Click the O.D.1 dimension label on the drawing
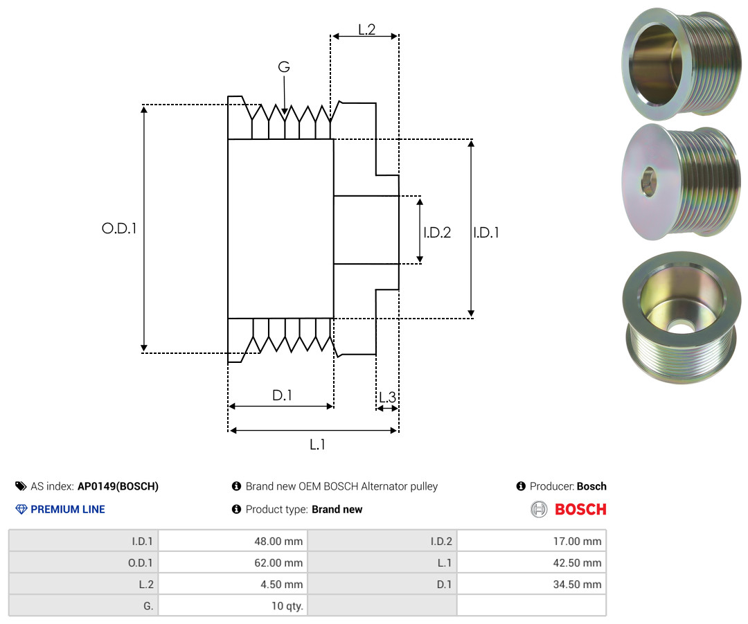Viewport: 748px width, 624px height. (x=119, y=229)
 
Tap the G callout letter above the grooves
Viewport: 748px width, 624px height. (x=284, y=66)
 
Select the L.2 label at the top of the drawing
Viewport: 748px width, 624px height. (x=367, y=30)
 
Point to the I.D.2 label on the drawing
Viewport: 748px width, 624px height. (x=437, y=232)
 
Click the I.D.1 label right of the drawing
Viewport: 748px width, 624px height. (x=486, y=232)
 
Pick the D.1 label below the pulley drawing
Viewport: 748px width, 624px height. (x=282, y=395)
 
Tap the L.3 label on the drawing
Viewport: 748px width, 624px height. (x=387, y=397)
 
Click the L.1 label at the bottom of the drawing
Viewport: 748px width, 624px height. (x=317, y=445)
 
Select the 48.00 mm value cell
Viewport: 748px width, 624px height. (x=233, y=541)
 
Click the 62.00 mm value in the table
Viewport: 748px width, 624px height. (x=233, y=562)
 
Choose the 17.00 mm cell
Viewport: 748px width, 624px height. (x=532, y=541)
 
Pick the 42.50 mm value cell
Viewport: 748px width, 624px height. (x=532, y=562)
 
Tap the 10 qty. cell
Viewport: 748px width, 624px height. (x=233, y=605)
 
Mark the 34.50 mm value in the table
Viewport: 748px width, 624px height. (x=532, y=584)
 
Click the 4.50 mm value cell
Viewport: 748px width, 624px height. (x=233, y=584)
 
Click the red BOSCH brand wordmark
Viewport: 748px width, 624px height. (x=580, y=510)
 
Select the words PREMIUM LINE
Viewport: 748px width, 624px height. (x=68, y=510)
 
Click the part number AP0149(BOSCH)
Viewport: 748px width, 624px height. (x=118, y=486)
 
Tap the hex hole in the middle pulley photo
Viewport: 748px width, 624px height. (x=648, y=181)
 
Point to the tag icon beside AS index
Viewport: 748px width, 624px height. (x=21, y=486)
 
